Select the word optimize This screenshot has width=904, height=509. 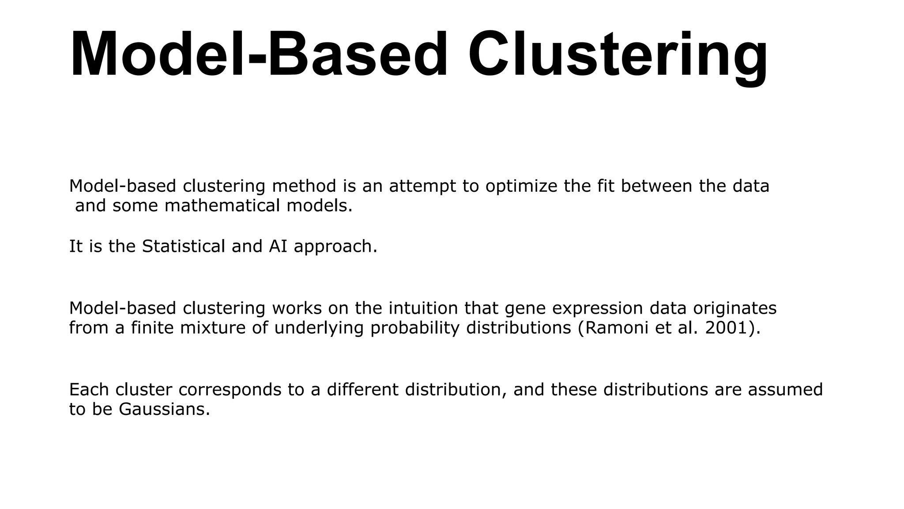pyautogui.click(x=521, y=186)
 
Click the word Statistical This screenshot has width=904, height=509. pyautogui.click(x=183, y=246)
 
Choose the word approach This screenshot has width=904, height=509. pyautogui.click(x=335, y=247)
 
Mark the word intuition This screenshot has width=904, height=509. pyautogui.click(x=423, y=308)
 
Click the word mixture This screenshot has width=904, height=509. pyautogui.click(x=212, y=328)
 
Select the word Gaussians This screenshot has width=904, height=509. pyautogui.click(x=164, y=410)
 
